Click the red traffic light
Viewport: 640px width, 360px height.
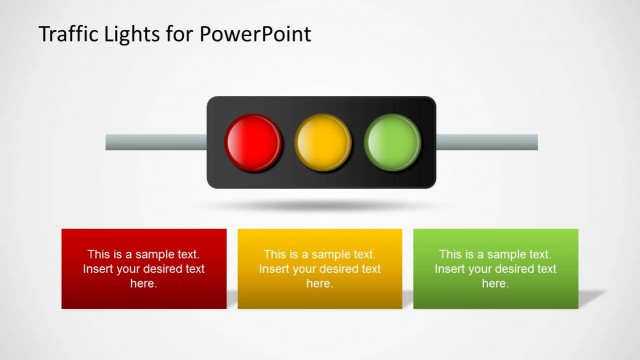pyautogui.click(x=254, y=142)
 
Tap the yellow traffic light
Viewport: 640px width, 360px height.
pyautogui.click(x=323, y=142)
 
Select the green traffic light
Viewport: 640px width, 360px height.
pyautogui.click(x=392, y=142)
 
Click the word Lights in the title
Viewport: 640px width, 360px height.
pyautogui.click(x=143, y=34)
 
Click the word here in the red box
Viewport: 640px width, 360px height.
pyautogui.click(x=144, y=284)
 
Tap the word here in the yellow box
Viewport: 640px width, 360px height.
pyautogui.click(x=320, y=284)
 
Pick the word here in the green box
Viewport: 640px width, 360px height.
pyautogui.click(x=496, y=284)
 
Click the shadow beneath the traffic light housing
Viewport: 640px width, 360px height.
pyautogui.click(x=321, y=205)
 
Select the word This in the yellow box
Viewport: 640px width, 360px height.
pyautogui.click(x=276, y=254)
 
